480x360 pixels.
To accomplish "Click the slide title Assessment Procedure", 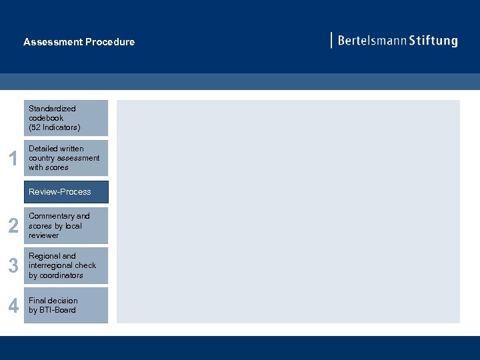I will pyautogui.click(x=79, y=42).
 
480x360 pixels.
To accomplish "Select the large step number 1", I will pyautogui.click(x=12, y=159).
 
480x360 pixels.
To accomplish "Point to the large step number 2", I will pyautogui.click(x=13, y=227).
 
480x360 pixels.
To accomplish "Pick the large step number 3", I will pyautogui.click(x=13, y=266).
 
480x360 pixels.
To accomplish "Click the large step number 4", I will pyautogui.click(x=13, y=305).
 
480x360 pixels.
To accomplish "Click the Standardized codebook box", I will pyautogui.click(x=66, y=118).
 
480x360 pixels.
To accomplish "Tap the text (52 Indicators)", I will pyautogui.click(x=54, y=127).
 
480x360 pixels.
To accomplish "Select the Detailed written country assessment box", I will pyautogui.click(x=66, y=158).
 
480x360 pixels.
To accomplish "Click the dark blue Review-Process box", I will pyautogui.click(x=66, y=192).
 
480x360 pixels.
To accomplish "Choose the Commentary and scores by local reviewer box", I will pyautogui.click(x=66, y=226).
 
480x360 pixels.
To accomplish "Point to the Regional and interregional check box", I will pyautogui.click(x=66, y=265).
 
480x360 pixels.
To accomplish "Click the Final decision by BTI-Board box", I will pyautogui.click(x=66, y=305).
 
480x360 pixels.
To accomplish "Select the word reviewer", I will pyautogui.click(x=43, y=235).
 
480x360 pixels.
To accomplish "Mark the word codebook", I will pyautogui.click(x=46, y=118).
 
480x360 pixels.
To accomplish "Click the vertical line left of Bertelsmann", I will pyautogui.click(x=331, y=40).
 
